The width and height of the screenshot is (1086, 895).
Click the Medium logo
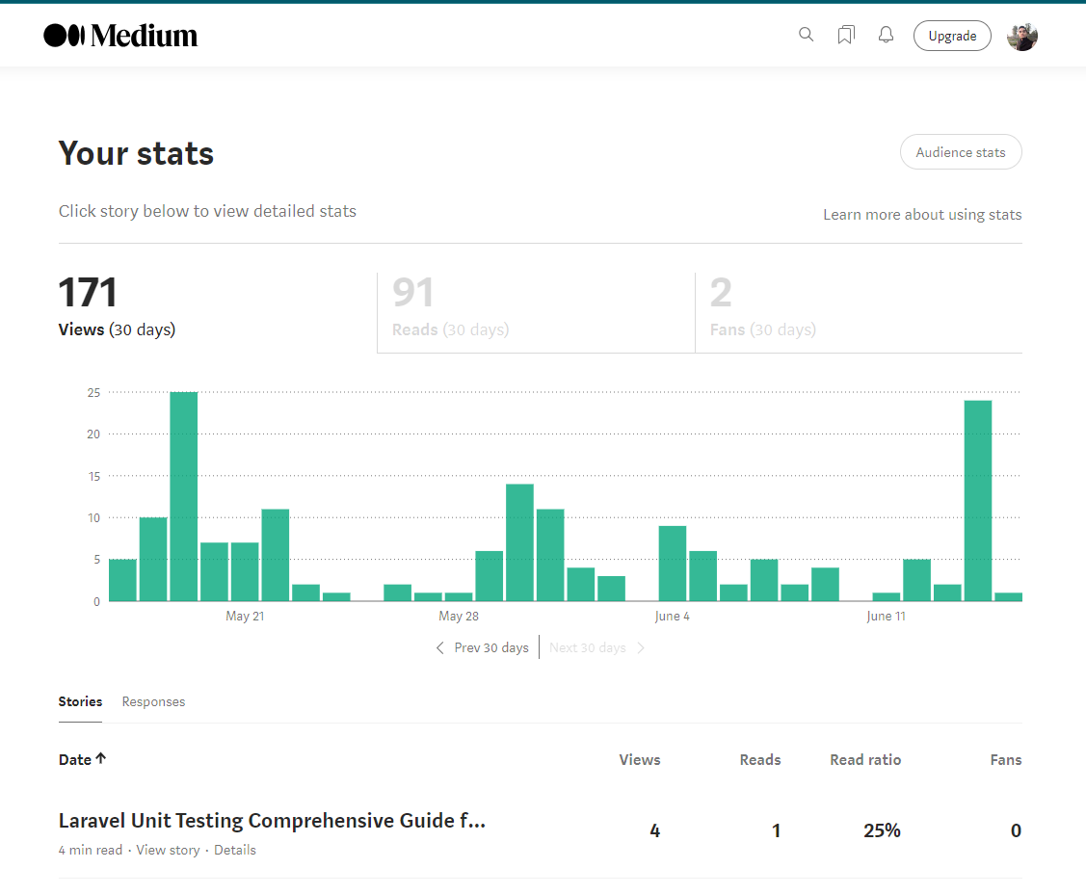click(x=120, y=36)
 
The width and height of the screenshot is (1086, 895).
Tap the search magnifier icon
click(x=807, y=35)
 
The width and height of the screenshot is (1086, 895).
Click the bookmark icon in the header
click(x=846, y=36)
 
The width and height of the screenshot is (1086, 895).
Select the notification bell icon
click(x=886, y=35)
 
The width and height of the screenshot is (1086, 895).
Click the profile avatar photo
click(x=1022, y=37)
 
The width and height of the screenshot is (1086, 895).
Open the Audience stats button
click(x=960, y=152)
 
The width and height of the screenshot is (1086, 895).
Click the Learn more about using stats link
click(x=922, y=215)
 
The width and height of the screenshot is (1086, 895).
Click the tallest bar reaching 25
click(x=184, y=496)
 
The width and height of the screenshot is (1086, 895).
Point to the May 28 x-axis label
click(x=458, y=617)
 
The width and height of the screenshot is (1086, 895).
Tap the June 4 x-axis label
click(x=672, y=617)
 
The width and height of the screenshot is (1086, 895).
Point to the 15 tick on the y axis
click(x=93, y=476)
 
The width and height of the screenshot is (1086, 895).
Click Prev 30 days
click(x=483, y=647)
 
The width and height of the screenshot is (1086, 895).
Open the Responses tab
click(x=153, y=701)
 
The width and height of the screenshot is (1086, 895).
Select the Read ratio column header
click(x=865, y=759)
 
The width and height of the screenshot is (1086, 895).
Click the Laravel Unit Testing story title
click(x=272, y=821)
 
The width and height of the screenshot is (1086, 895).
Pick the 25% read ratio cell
click(x=882, y=830)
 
